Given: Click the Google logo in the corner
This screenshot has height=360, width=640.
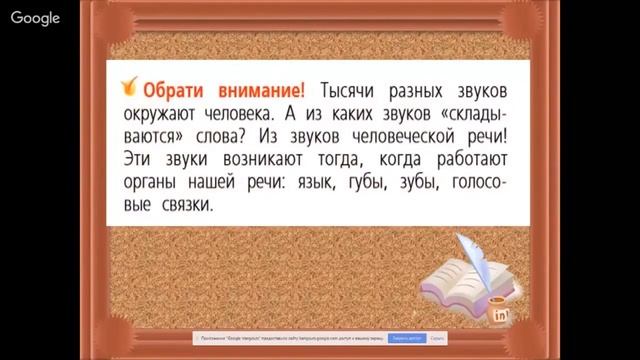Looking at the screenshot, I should click(36, 17).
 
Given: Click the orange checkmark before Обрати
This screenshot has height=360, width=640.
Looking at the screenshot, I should click(127, 85).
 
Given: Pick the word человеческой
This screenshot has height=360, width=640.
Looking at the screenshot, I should click(403, 134).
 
